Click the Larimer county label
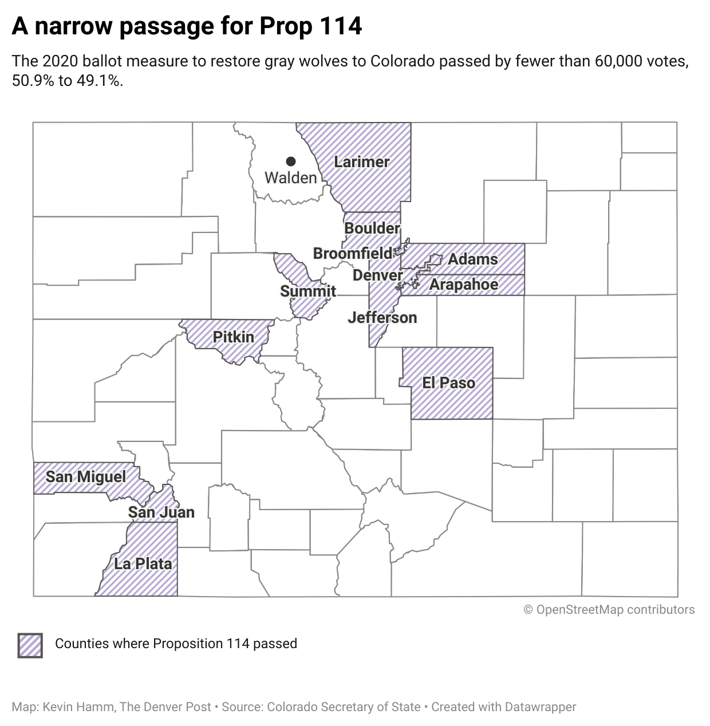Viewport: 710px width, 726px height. click(361, 162)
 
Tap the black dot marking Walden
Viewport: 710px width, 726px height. click(291, 161)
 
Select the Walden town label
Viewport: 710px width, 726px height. click(290, 178)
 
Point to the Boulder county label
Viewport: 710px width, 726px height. click(372, 228)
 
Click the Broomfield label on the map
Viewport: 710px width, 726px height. click(353, 253)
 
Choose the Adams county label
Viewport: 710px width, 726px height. click(473, 259)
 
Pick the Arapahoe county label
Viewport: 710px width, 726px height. click(464, 285)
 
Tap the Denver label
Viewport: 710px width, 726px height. click(377, 275)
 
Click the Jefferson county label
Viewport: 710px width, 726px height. click(382, 318)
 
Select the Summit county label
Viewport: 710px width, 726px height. click(308, 291)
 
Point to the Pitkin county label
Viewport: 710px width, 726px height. click(234, 337)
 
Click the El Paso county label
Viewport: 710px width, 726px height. click(448, 383)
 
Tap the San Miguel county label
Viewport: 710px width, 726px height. click(86, 477)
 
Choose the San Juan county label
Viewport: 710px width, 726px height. click(161, 512)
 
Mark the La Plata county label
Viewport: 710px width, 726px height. click(143, 564)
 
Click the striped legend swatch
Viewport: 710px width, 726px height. click(30, 645)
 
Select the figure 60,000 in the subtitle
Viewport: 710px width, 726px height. click(618, 61)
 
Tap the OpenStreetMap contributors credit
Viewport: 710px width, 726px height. click(609, 610)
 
